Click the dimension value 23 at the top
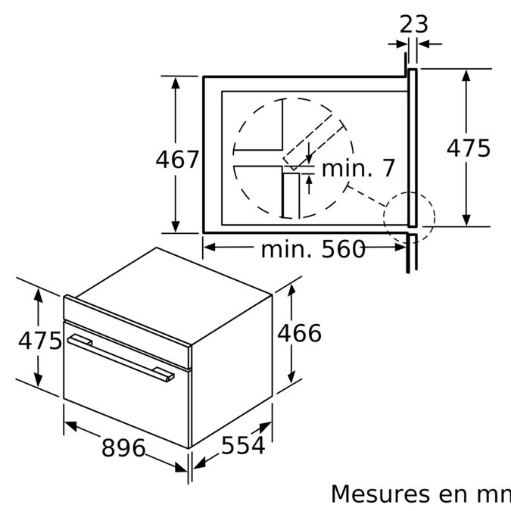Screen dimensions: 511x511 pyautogui.click(x=414, y=24)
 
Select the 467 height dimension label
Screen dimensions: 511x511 pyautogui.click(x=177, y=160)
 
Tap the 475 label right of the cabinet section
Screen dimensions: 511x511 pyautogui.click(x=468, y=148)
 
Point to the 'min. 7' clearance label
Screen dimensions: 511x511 pyautogui.click(x=358, y=168)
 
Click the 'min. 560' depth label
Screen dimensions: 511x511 pyautogui.click(x=313, y=248)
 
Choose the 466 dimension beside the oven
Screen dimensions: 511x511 pyautogui.click(x=299, y=333)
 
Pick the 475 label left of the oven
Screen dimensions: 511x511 pyautogui.click(x=39, y=341)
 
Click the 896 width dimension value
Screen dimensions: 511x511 pyautogui.click(x=123, y=448)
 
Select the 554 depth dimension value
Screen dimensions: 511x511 pyautogui.click(x=243, y=446)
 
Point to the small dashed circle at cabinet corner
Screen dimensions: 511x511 pyautogui.click(x=409, y=220)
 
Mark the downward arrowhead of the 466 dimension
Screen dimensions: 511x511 pyautogui.click(x=292, y=379)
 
